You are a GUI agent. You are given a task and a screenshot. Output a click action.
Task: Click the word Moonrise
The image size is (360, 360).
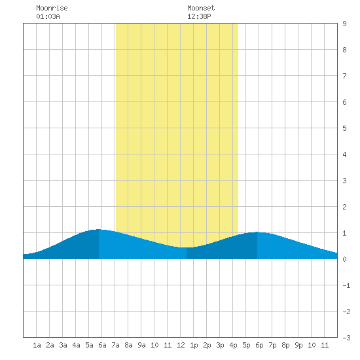(52, 8)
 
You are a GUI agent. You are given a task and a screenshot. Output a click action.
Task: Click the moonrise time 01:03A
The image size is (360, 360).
(48, 16)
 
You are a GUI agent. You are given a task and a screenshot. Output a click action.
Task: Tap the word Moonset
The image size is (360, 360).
(201, 8)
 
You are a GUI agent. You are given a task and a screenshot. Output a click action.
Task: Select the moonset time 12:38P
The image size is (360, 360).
(199, 16)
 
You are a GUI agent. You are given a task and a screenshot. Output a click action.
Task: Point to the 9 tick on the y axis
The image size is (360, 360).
(344, 24)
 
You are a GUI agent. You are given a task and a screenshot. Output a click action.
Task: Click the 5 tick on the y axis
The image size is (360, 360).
(344, 128)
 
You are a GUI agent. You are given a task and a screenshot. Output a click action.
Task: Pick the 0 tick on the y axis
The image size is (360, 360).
(344, 259)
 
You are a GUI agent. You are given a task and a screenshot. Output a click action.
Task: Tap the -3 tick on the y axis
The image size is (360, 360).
(346, 338)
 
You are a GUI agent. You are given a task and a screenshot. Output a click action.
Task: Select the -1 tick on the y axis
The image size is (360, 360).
(346, 285)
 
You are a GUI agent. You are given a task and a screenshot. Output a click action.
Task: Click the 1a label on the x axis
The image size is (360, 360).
(37, 345)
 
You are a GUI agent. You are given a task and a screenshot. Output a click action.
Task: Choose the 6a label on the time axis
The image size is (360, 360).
(102, 345)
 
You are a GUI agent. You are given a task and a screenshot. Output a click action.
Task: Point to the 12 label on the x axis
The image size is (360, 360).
(181, 345)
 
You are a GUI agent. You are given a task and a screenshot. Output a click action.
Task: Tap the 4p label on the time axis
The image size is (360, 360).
(233, 345)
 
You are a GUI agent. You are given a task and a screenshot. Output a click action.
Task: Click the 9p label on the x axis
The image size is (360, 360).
(298, 345)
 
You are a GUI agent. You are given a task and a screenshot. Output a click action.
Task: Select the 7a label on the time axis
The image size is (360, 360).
(115, 345)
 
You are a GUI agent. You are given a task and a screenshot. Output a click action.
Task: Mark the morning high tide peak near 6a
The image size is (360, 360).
(98, 229)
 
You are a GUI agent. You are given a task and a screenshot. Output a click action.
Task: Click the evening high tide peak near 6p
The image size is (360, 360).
(257, 232)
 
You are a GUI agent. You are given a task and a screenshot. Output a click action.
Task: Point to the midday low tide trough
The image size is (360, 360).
(186, 247)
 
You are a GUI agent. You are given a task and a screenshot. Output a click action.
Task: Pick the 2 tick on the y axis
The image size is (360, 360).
(344, 207)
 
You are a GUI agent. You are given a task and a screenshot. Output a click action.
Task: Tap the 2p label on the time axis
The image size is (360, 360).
(207, 345)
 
